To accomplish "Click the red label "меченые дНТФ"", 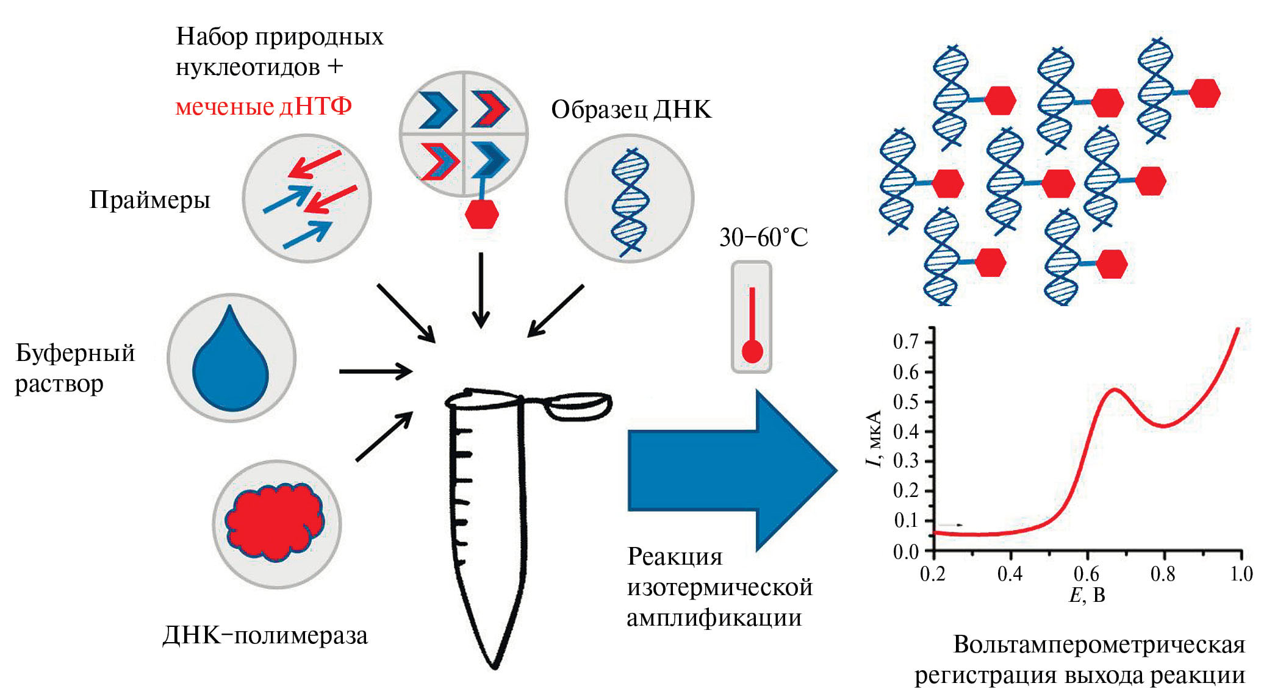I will point(264,107).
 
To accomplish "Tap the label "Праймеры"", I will point(149,199).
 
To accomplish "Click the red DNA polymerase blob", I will point(275,522).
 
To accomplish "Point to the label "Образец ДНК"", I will point(631,110).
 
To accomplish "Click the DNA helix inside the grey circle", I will point(630,201).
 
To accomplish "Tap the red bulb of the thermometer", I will point(752,352).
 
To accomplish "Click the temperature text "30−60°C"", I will point(763,237).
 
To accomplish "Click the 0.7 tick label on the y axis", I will point(905,341).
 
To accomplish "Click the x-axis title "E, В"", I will point(1087,595).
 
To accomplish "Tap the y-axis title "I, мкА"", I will point(874,439).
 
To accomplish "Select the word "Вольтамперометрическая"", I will point(1099,645).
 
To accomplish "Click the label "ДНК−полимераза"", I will point(265,635).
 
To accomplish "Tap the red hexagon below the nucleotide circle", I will point(482,214).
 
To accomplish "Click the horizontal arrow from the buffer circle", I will point(375,371).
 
